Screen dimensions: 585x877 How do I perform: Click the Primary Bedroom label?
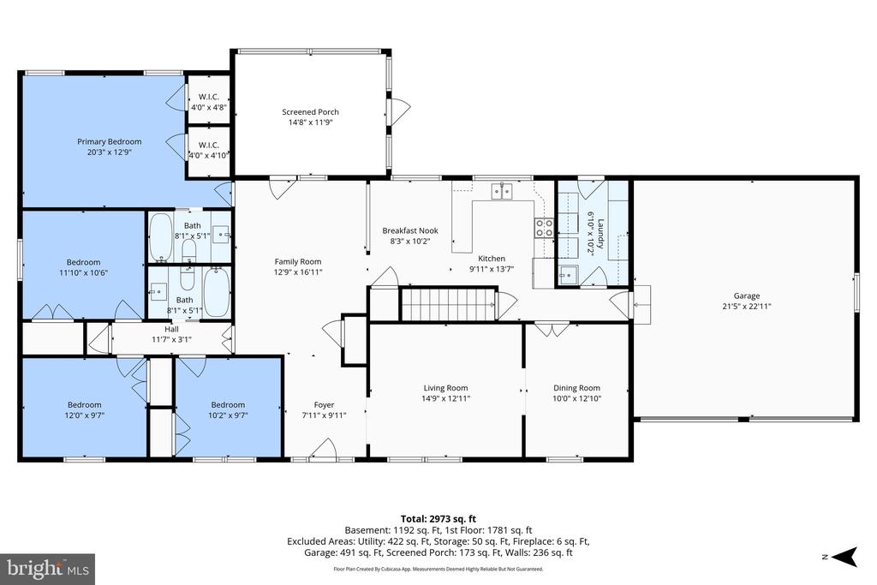tap(109, 141)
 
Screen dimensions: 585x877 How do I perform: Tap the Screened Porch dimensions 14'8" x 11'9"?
tap(310, 122)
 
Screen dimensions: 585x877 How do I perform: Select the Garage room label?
tap(746, 295)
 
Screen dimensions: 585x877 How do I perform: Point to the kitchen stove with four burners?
tap(544, 227)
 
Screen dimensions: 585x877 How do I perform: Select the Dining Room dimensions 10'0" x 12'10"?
tap(576, 398)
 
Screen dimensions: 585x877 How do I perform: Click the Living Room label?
tap(445, 387)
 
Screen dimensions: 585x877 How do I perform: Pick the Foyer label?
tap(324, 404)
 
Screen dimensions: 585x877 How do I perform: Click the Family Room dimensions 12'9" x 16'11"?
tap(297, 272)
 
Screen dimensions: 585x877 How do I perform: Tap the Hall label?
tap(172, 329)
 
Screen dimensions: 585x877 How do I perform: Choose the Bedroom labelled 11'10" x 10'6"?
tap(83, 262)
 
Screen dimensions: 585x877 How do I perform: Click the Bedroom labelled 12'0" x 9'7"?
tap(84, 404)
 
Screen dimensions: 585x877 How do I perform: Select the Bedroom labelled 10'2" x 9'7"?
tap(228, 404)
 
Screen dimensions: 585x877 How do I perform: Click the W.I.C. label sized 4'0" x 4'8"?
tap(209, 97)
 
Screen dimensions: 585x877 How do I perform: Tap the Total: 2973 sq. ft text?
tap(438, 518)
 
